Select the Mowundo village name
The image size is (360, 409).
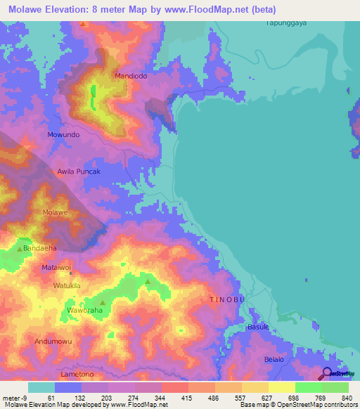pyautogui.click(x=63, y=134)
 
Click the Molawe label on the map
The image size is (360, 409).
pyautogui.click(x=55, y=212)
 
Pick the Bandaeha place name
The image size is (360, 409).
pyautogui.click(x=39, y=248)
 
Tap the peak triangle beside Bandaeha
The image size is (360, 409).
pyautogui.click(x=20, y=248)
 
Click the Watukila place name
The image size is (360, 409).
pyautogui.click(x=67, y=286)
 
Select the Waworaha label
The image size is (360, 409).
pyautogui.click(x=84, y=310)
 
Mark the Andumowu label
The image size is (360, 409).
pyautogui.click(x=53, y=342)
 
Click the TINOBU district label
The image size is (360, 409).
pyautogui.click(x=227, y=299)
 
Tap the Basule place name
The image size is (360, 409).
pyautogui.click(x=259, y=327)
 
